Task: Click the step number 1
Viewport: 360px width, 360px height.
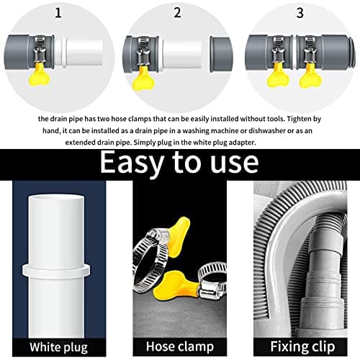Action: [58, 12]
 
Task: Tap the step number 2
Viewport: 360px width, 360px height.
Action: [177, 12]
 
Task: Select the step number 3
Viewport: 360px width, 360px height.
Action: [300, 13]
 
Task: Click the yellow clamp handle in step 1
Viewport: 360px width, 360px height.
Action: [39, 75]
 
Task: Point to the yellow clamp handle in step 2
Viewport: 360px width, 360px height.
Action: [143, 78]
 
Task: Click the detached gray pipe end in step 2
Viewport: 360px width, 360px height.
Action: [221, 54]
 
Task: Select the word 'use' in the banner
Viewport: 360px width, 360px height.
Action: [235, 163]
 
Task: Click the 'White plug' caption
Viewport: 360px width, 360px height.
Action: [58, 348]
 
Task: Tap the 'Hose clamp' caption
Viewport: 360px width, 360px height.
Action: [180, 347]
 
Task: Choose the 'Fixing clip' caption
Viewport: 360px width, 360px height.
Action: [302, 347]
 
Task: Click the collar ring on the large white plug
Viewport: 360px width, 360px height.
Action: [56, 271]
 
